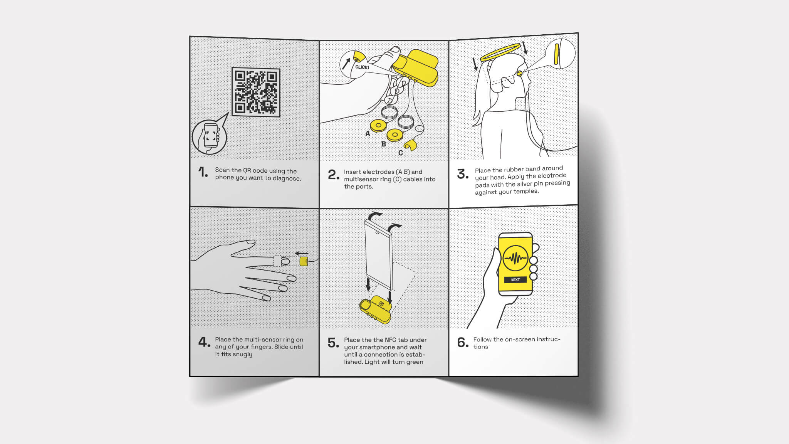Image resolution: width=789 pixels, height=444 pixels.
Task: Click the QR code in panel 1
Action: pos(256,92)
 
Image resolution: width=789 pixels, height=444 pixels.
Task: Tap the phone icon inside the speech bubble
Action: pos(210,136)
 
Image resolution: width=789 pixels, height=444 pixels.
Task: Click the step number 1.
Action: pos(203,172)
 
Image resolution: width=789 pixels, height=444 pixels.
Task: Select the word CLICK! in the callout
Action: pos(362,67)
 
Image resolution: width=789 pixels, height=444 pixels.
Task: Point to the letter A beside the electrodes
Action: pos(368,134)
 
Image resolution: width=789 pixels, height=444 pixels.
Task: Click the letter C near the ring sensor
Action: pos(401,153)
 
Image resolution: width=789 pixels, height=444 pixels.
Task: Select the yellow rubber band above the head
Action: pos(500,52)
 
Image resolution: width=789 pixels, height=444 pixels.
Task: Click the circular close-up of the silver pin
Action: pos(561,54)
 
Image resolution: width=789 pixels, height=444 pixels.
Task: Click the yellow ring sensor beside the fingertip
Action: pos(304,261)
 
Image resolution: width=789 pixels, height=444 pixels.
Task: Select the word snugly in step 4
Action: pos(242,354)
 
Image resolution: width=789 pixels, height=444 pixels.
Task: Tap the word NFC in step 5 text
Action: pos(390,340)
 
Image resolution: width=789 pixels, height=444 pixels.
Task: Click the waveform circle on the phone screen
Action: pos(515,258)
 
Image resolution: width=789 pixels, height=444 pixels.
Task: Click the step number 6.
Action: pos(462,343)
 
